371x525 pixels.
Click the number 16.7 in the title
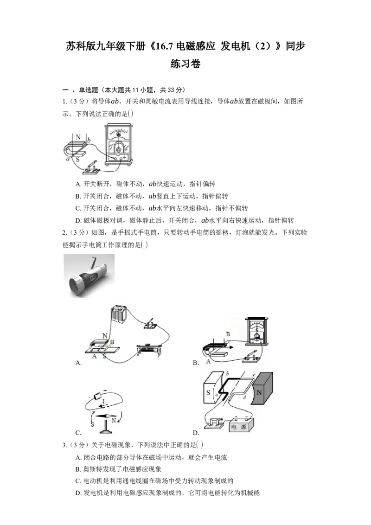pos(165,46)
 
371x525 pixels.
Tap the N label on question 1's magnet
pos(78,137)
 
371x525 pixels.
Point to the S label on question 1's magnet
pos(77,160)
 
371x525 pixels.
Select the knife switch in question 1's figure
pos(92,168)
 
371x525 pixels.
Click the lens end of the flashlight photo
pos(74,285)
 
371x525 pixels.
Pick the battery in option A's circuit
pos(119,314)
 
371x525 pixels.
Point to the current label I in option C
pos(103,402)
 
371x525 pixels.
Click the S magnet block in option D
pos(211,388)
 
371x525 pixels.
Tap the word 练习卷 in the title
pos(185,64)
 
